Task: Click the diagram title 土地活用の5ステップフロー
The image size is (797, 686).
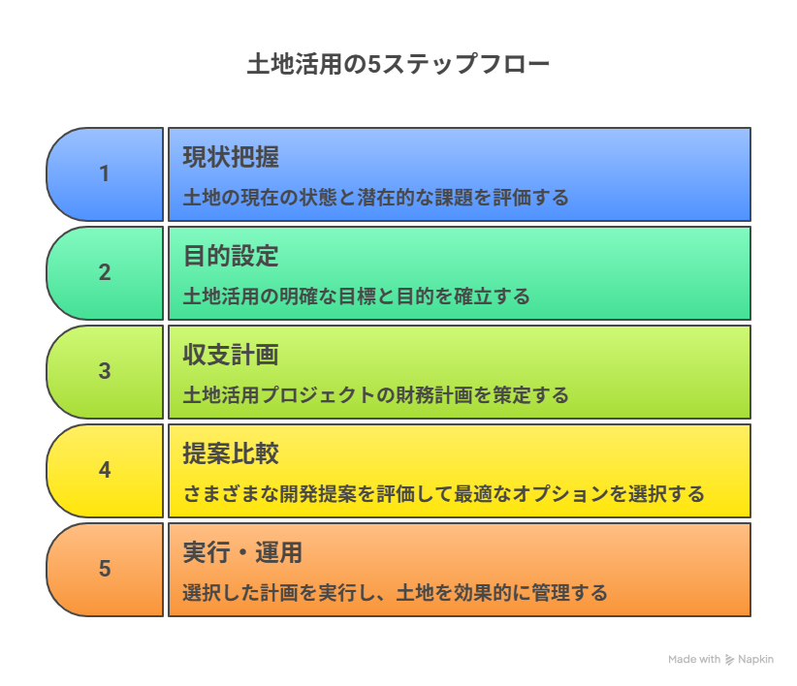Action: (398, 65)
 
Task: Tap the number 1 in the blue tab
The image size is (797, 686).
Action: (105, 174)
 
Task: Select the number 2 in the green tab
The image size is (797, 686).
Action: (105, 273)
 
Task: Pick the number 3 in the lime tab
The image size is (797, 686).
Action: (105, 372)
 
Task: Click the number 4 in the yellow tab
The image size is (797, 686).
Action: (105, 471)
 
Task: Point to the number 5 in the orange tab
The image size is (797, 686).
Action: (105, 569)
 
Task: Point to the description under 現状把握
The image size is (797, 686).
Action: (375, 198)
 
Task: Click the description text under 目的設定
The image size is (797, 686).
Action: (357, 296)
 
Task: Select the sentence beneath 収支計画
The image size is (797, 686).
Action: (375, 395)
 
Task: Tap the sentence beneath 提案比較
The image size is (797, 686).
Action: (443, 494)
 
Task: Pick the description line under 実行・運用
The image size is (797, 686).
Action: (395, 593)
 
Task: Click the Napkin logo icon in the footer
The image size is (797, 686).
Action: (730, 660)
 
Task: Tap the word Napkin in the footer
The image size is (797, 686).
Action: (756, 660)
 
